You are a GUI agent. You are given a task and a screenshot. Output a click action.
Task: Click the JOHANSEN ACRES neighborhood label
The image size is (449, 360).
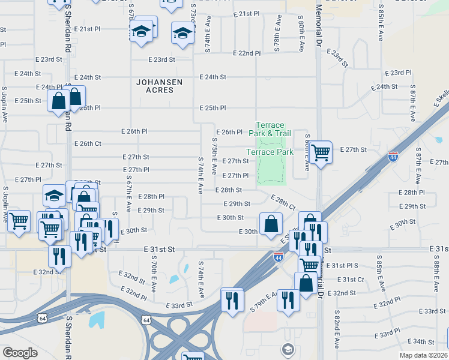[x=155, y=86]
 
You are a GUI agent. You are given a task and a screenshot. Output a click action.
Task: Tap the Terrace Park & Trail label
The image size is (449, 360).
[x=270, y=129]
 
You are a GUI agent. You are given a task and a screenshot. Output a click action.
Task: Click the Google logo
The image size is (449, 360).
[x=20, y=353]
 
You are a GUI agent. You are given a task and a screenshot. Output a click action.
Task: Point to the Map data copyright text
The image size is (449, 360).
[x=423, y=355]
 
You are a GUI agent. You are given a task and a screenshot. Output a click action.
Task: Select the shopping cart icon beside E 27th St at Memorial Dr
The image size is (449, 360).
[x=321, y=153]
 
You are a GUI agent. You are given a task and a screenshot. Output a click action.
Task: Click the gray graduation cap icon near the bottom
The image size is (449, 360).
[x=288, y=349]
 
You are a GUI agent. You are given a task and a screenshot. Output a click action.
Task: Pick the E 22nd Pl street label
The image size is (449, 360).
[x=247, y=53]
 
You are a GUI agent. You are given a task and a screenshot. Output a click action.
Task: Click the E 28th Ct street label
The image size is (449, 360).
[x=283, y=202]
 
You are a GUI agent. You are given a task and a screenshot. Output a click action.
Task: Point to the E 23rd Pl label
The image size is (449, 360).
[x=400, y=73]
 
